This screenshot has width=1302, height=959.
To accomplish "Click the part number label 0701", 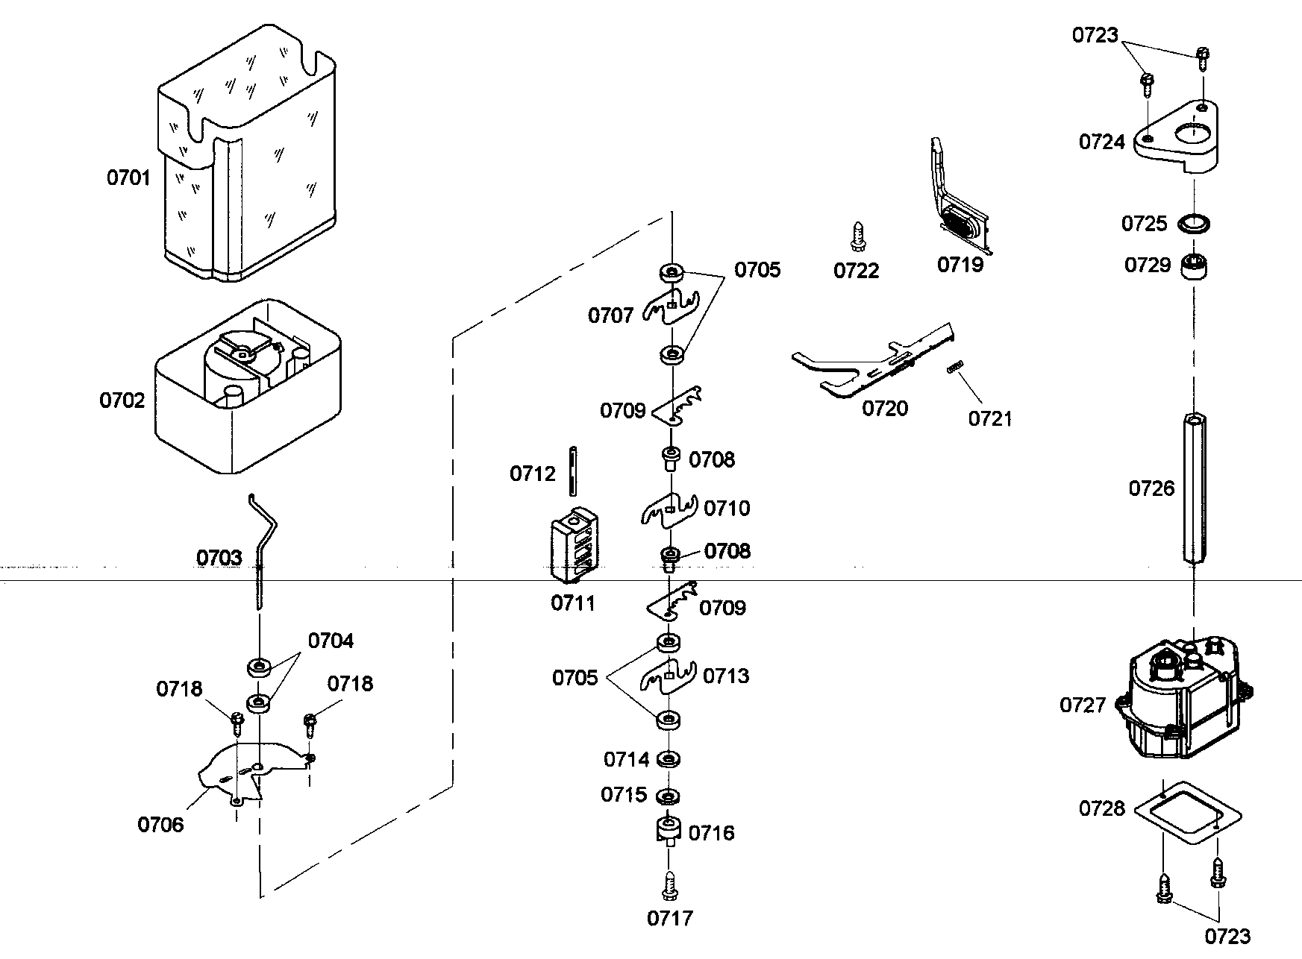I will click(128, 177).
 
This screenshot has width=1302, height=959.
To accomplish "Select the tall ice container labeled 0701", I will click(246, 157).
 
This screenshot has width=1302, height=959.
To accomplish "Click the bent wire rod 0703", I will click(263, 544).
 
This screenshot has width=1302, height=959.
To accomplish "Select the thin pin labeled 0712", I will click(572, 471).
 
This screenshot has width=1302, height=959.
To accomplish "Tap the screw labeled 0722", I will click(858, 237).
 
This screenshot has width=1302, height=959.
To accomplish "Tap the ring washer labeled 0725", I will click(1194, 223).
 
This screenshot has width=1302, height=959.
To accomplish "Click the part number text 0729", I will click(1148, 265).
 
